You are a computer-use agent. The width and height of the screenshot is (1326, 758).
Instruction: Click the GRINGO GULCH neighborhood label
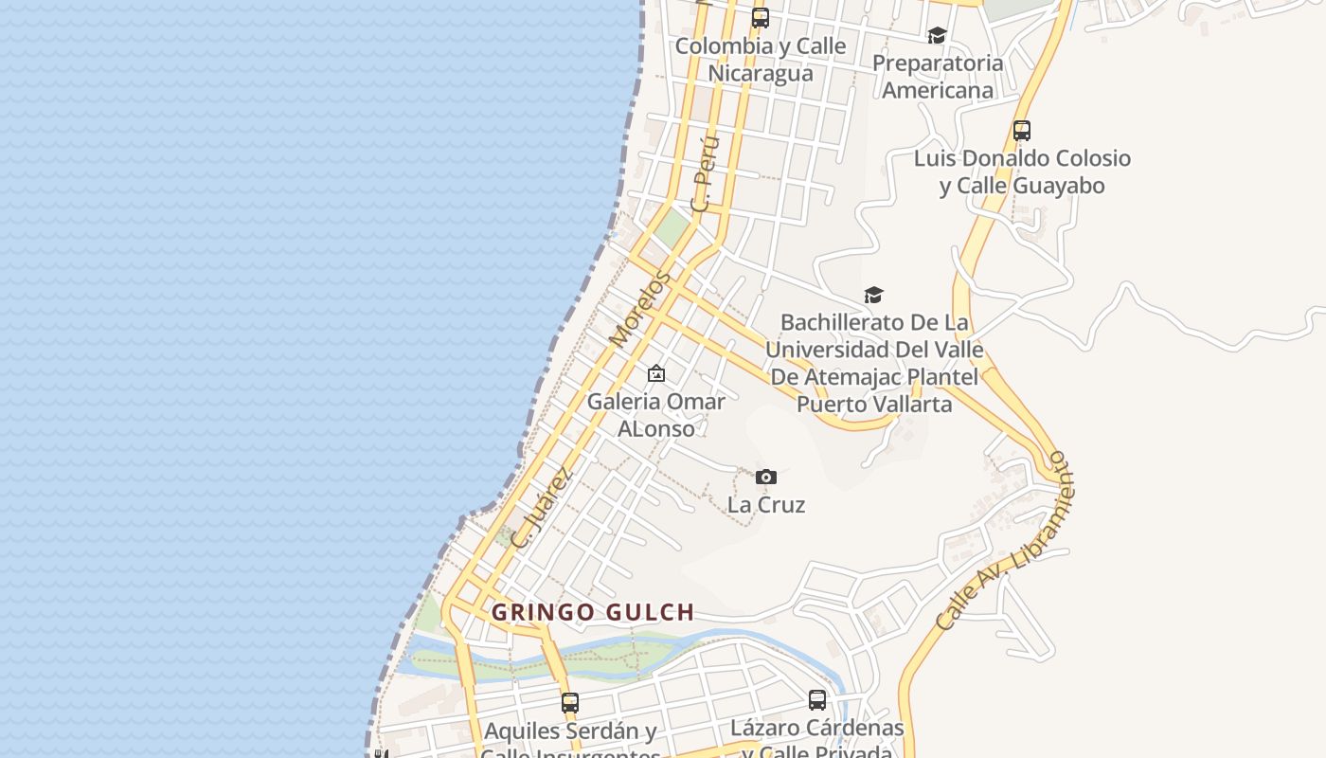point(593,612)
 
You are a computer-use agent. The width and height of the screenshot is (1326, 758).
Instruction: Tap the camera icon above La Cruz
point(766,477)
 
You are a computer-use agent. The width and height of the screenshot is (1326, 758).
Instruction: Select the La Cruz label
point(766,504)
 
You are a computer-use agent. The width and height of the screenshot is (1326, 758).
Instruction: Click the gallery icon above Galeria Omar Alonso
point(655,374)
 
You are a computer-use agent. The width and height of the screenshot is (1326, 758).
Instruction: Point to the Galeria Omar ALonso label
point(655,414)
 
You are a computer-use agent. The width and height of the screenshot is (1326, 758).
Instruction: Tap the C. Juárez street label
point(542,507)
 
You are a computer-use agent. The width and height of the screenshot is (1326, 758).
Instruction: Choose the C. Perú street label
point(706,173)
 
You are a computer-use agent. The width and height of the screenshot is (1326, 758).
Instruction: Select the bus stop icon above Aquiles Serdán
point(569,703)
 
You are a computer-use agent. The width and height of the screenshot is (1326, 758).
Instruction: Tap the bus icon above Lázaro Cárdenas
point(817,700)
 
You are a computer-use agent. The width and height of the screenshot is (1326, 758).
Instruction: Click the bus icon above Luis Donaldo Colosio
point(1021,131)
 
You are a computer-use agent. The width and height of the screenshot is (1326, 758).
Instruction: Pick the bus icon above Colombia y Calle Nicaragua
point(761,17)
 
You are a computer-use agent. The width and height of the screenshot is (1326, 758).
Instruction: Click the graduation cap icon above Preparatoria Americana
point(937,35)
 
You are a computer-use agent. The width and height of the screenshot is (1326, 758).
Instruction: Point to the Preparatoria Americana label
point(937,77)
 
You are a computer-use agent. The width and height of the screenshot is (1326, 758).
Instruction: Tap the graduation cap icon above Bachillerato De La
point(873,295)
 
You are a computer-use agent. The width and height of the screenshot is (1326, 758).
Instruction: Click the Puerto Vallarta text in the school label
point(873,404)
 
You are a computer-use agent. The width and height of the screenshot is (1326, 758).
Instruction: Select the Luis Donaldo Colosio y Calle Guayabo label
point(1022,171)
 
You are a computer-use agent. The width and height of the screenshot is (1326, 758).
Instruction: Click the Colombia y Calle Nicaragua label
point(761,59)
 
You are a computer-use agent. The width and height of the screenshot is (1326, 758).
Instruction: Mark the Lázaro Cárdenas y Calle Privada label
point(817,740)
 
